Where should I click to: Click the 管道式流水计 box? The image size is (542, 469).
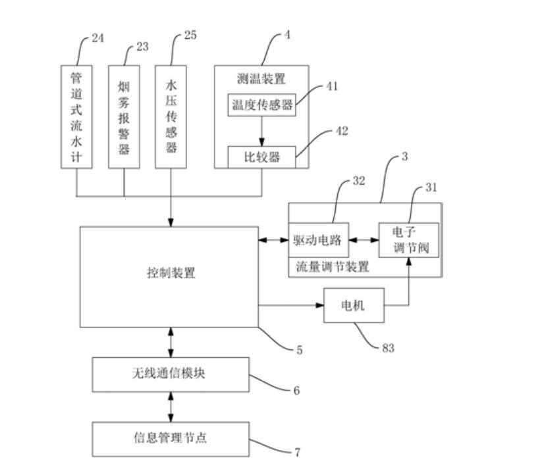pos(76,117)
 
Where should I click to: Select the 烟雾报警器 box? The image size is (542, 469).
pos(124,117)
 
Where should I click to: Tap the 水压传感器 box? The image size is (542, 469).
pos(171,117)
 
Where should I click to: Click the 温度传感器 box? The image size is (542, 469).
pos(261,105)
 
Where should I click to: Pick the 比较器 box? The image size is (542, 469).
pos(261,157)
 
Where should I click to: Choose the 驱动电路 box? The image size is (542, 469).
pos(317,241)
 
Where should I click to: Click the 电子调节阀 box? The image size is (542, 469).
pos(408,241)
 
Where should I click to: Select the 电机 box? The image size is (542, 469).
pos(353,306)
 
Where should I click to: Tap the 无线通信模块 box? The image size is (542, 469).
pos(171,374)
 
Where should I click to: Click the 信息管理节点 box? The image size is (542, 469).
pos(171,438)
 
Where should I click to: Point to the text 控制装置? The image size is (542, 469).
pos(171,273)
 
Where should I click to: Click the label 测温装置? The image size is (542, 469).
pos(261,79)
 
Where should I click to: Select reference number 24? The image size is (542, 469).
pos(97,38)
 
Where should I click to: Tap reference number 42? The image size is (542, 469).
pos(342,131)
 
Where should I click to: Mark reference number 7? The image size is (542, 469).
pos(297,453)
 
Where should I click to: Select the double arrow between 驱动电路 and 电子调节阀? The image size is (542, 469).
pos(362,241)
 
